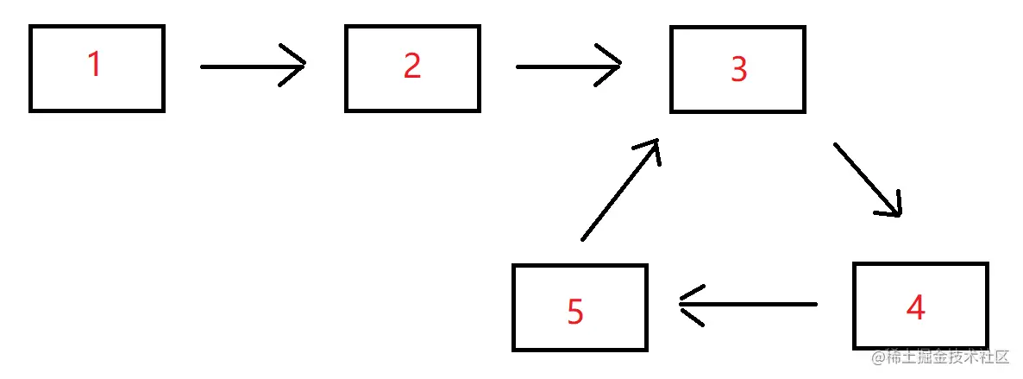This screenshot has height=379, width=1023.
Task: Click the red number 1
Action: pyautogui.click(x=94, y=66)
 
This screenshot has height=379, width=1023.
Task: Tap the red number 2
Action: pyautogui.click(x=412, y=66)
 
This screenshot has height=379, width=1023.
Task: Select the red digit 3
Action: pyautogui.click(x=738, y=70)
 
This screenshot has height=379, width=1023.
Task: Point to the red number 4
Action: pyautogui.click(x=915, y=307)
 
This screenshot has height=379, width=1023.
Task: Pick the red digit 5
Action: pyautogui.click(x=575, y=311)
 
